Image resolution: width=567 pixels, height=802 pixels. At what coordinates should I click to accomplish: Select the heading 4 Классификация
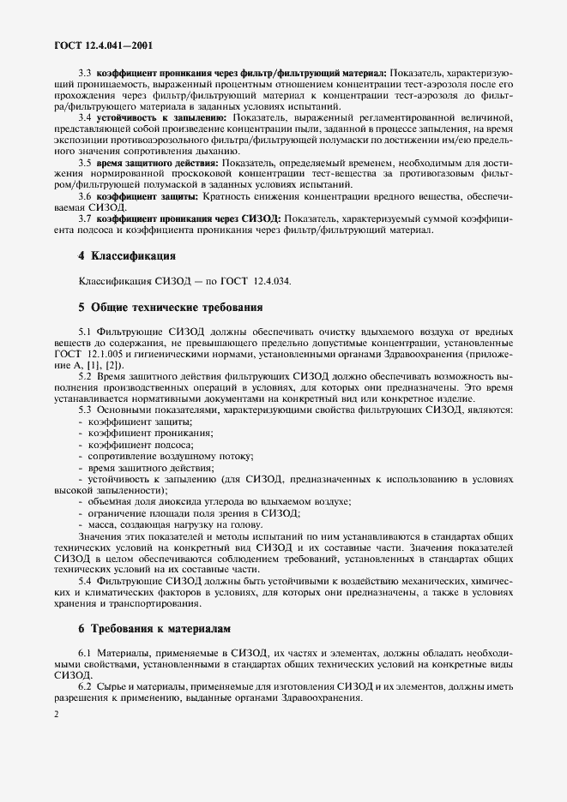pyautogui.click(x=127, y=255)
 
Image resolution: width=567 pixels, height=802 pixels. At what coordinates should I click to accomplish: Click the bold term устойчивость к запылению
pyautogui.click(x=161, y=117)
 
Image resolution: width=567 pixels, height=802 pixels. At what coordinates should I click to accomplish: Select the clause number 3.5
pyautogui.click(x=87, y=162)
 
